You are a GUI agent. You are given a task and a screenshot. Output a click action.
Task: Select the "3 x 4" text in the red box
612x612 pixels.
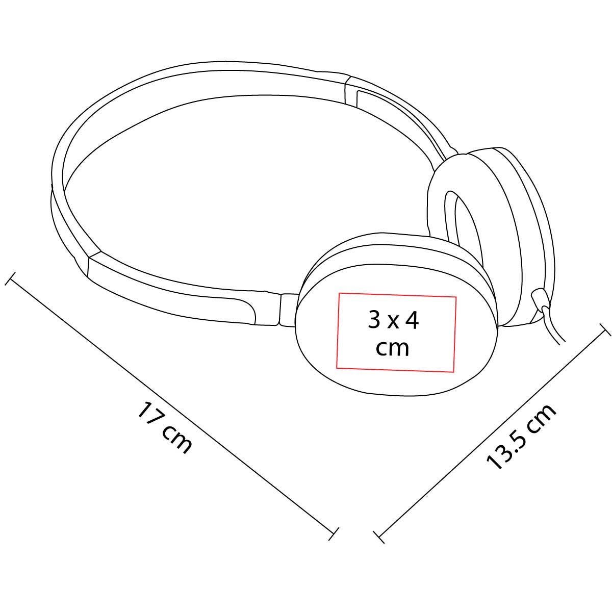pyautogui.click(x=394, y=320)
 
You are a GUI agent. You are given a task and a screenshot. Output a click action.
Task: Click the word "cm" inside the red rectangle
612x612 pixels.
pyautogui.click(x=392, y=348)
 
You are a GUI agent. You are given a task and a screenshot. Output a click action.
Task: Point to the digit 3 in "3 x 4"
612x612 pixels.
pyautogui.click(x=374, y=320)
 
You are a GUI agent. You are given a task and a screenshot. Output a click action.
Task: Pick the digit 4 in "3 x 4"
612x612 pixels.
pyautogui.click(x=412, y=320)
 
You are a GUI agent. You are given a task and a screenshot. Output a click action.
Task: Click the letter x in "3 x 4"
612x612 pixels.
pyautogui.click(x=393, y=323)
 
